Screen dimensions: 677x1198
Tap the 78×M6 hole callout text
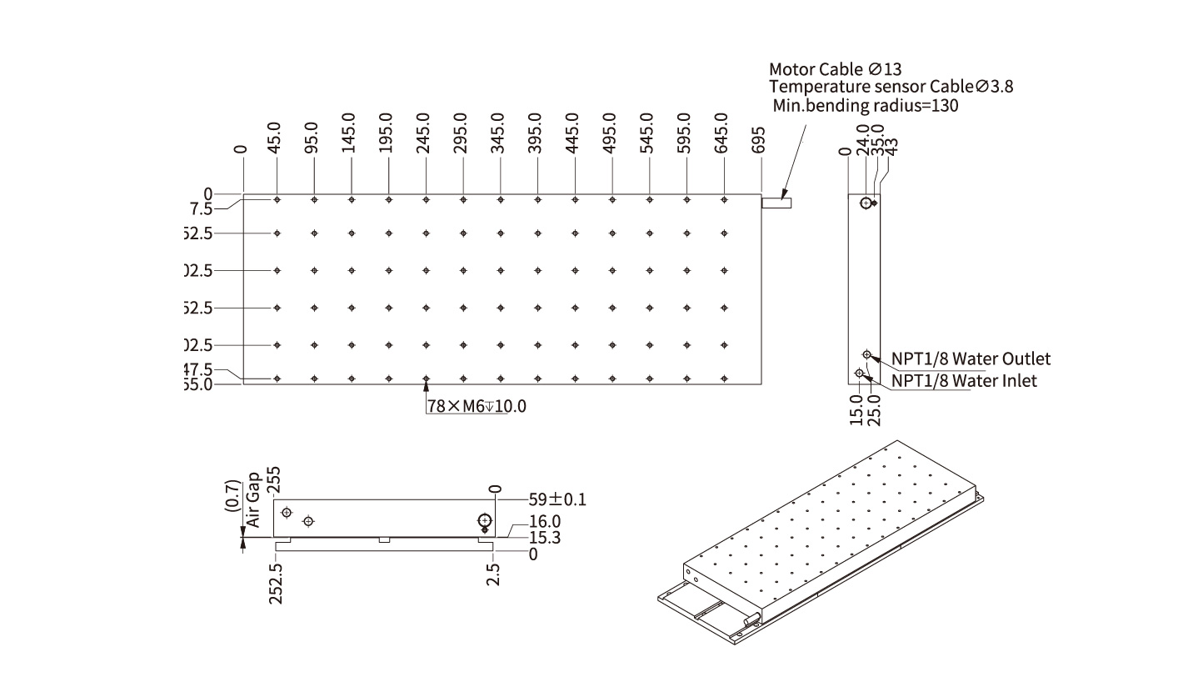coord(477,407)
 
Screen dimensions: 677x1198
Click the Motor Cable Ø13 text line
coord(835,69)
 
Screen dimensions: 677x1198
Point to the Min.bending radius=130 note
coord(866,106)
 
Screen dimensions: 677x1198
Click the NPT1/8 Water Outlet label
coord(971,359)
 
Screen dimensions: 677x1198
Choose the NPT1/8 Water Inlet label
coord(965,381)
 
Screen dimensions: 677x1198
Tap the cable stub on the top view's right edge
coord(776,203)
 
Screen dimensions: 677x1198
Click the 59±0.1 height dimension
coord(557,500)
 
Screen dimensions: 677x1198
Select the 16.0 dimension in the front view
coord(545,523)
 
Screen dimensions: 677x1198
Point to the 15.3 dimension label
coord(545,538)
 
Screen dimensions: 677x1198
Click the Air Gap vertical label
coord(254,500)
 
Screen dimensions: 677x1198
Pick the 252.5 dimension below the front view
coord(277,583)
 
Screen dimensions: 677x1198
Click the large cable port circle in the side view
coord(867,203)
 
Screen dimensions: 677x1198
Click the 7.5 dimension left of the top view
coord(201,208)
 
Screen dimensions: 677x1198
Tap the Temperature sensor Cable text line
coord(891,87)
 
